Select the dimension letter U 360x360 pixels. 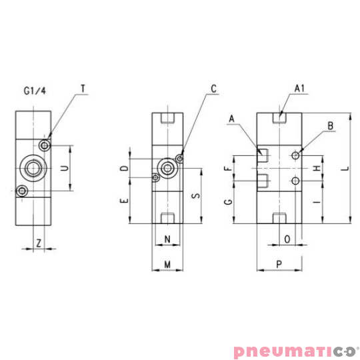(65, 168)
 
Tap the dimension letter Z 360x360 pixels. (39, 243)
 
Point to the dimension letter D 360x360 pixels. (123, 168)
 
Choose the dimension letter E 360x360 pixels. (123, 201)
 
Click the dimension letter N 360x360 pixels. (167, 239)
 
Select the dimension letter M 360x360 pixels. (167, 265)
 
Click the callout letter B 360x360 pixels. (330, 125)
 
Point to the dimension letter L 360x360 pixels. (344, 168)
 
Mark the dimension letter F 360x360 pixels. (229, 168)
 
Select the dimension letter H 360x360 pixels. (315, 168)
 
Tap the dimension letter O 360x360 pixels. (287, 239)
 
